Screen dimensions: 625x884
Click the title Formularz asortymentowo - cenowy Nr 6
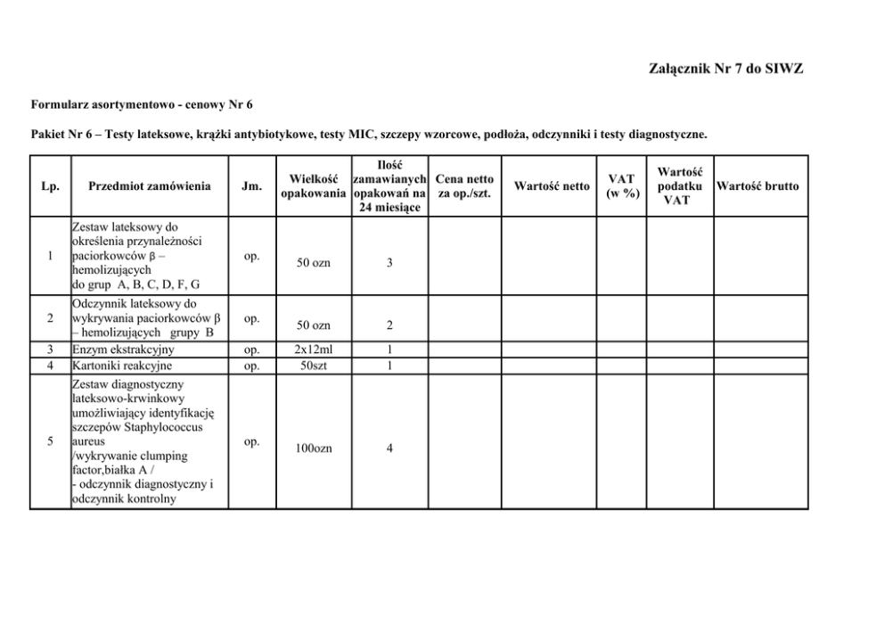[142, 104]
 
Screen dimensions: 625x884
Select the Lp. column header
[50, 186]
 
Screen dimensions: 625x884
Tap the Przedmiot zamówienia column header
[150, 186]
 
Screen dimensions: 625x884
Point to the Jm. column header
[251, 186]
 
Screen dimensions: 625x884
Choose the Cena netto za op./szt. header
[465, 186]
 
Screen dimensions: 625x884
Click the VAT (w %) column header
[622, 186]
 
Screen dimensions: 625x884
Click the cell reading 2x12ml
[313, 350]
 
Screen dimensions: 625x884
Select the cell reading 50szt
[313, 366]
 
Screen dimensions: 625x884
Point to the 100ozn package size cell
[313, 448]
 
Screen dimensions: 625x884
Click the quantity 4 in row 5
[390, 448]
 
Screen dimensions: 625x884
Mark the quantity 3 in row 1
[390, 263]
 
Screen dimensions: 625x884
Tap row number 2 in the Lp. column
[50, 318]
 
